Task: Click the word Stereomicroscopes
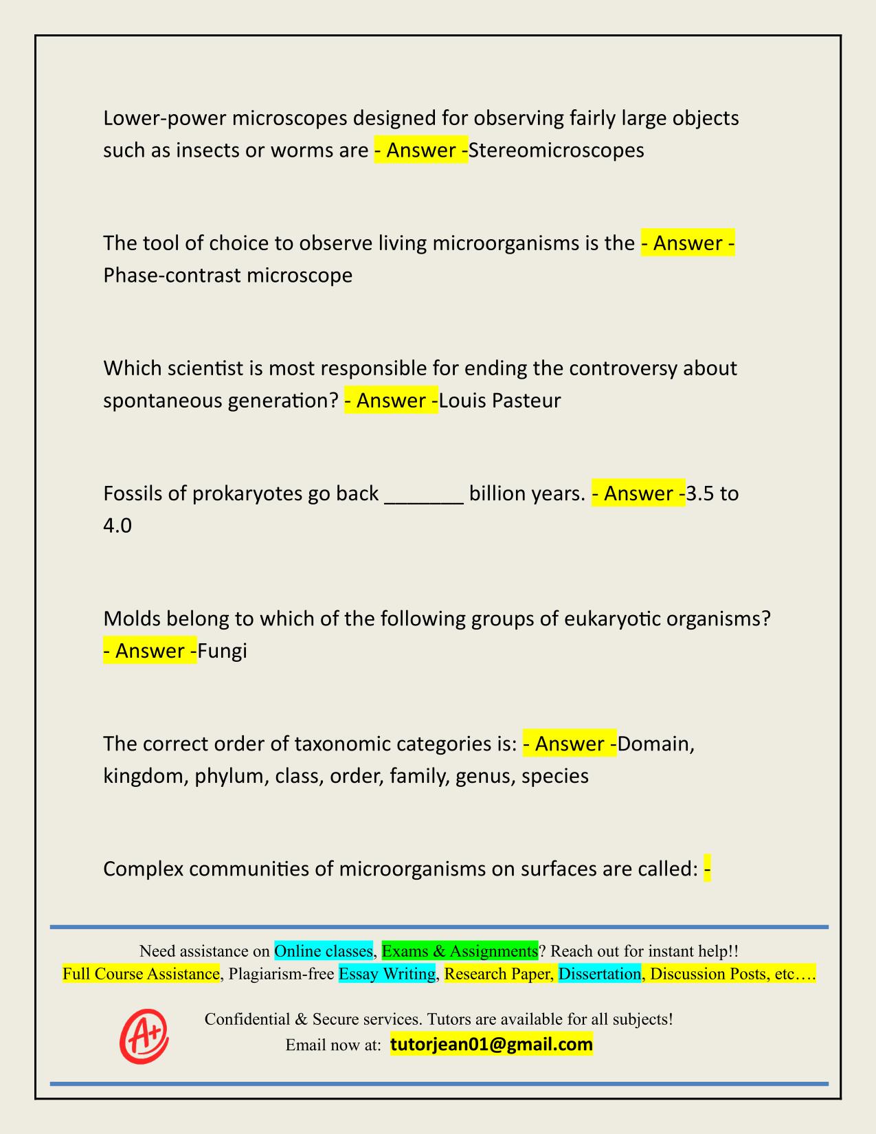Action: tap(556, 150)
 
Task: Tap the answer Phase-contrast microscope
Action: tap(227, 276)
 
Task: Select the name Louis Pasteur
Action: tap(499, 401)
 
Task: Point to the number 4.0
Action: tap(117, 526)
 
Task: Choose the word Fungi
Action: tap(222, 651)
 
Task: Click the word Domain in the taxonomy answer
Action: tap(655, 744)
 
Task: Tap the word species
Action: tap(554, 777)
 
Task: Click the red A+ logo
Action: tap(144, 1034)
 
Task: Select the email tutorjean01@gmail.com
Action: tap(491, 1045)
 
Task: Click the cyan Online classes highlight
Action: tap(323, 951)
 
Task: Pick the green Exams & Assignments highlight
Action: tap(460, 951)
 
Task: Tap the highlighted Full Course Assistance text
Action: tap(141, 974)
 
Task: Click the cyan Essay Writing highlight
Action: tap(387, 974)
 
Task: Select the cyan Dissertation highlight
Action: tap(599, 974)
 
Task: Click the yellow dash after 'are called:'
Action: tap(707, 869)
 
